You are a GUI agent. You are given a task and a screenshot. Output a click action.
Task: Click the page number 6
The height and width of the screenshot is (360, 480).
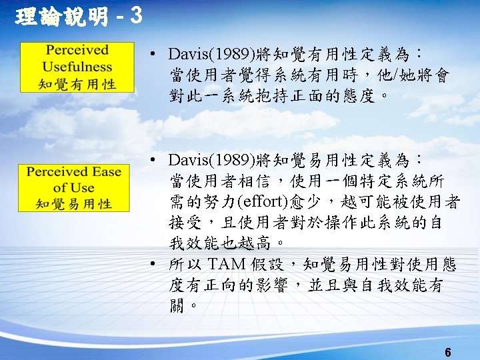click(448, 351)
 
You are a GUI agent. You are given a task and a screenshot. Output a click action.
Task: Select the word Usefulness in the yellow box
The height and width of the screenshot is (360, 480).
click(77, 67)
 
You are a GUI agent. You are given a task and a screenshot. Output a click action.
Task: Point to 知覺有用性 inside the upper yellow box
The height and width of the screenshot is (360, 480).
click(77, 84)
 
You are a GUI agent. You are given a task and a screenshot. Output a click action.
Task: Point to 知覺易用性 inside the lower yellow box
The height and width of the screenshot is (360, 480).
click(74, 204)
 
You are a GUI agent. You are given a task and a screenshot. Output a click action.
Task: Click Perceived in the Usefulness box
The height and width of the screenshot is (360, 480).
click(77, 50)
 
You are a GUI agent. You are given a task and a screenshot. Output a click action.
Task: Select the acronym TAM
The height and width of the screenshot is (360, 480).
click(228, 265)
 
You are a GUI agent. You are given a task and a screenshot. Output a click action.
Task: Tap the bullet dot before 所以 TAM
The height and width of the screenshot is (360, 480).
click(153, 265)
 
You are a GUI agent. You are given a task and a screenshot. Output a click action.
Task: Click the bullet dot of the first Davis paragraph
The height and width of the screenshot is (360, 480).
click(153, 53)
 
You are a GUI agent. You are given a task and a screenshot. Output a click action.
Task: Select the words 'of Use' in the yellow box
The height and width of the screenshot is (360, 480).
click(74, 188)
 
